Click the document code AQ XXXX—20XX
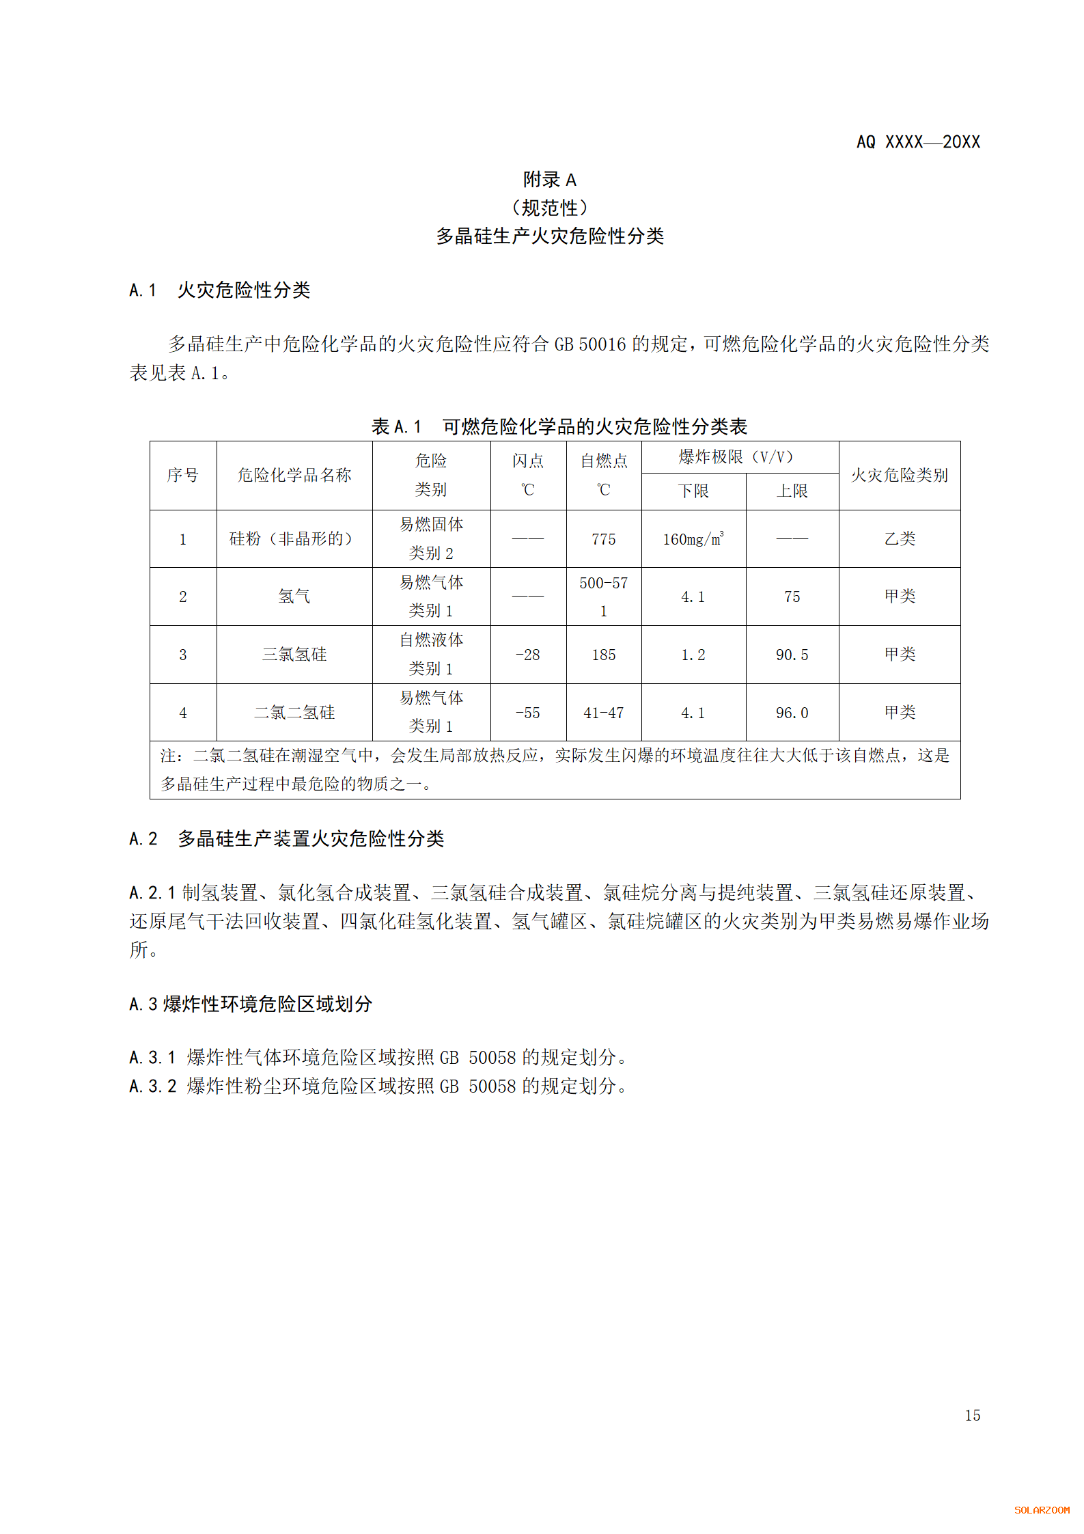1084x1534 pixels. click(917, 142)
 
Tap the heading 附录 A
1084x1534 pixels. click(549, 180)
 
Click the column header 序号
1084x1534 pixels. click(183, 475)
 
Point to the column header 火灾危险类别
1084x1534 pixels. click(899, 475)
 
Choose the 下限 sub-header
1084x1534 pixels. click(693, 491)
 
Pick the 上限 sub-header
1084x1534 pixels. click(792, 491)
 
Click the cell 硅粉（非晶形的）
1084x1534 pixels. click(294, 538)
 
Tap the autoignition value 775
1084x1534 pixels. click(603, 539)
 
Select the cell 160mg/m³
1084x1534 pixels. click(693, 538)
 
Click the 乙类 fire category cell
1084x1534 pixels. click(899, 538)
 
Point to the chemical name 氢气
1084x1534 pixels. click(294, 597)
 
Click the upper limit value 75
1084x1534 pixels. click(792, 597)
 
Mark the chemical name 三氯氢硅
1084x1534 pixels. click(294, 655)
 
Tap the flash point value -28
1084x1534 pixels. click(527, 655)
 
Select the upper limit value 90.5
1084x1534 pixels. click(792, 655)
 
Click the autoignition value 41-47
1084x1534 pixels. click(603, 713)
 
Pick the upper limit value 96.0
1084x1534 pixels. click(792, 713)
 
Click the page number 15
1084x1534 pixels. click(972, 1415)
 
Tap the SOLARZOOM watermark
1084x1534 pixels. click(1042, 1510)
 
